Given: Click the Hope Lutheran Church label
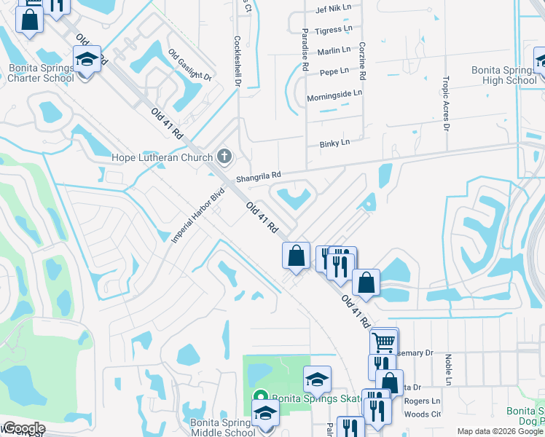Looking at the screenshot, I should coord(162,157).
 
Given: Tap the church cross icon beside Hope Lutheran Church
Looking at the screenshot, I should coord(224,157).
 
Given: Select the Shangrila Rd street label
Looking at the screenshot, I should coord(258,176).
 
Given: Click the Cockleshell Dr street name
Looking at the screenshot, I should coord(238,62).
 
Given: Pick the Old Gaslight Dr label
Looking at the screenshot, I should coord(189,65).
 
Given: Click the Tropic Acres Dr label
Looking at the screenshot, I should coord(446,102).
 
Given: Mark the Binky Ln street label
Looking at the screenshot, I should coord(335,144).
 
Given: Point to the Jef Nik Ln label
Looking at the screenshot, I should coord(334,9).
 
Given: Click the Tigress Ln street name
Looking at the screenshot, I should coord(334,30).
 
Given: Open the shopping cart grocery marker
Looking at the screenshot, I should coord(384,341).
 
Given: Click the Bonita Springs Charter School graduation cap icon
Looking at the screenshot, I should coord(87,58).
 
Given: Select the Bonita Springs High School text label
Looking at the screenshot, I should coord(503,75).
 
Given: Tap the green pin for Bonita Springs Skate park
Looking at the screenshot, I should coord(259,398).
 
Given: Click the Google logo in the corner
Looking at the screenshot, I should coord(24,428).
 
